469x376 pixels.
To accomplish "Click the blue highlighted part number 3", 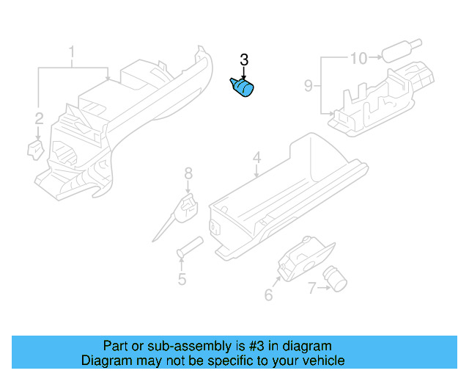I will pyautogui.click(x=243, y=88).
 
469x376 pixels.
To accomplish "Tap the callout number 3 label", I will pyautogui.click(x=244, y=60).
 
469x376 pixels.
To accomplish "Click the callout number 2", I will pyautogui.click(x=39, y=117).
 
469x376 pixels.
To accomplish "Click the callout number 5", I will pyautogui.click(x=181, y=279).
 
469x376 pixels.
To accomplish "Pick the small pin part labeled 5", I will pyautogui.click(x=189, y=246).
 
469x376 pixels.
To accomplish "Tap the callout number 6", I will pyautogui.click(x=268, y=295).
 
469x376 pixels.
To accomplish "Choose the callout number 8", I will pyautogui.click(x=188, y=173).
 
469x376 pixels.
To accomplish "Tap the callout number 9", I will pyautogui.click(x=309, y=86).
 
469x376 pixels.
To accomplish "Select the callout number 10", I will pyautogui.click(x=358, y=57).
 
